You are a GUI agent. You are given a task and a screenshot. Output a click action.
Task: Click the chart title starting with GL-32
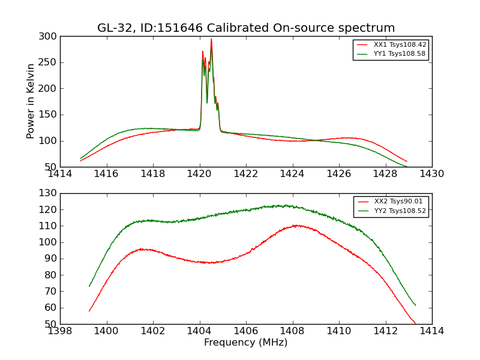[246, 28]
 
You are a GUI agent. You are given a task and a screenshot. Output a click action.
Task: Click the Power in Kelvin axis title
[31, 101]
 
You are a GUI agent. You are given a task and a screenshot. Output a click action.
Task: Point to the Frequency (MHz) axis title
[246, 343]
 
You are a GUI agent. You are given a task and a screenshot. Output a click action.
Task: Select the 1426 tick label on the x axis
[339, 174]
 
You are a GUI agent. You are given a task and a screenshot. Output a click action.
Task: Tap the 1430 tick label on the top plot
[432, 174]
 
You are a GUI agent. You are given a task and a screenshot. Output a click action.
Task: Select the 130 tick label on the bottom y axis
[50, 193]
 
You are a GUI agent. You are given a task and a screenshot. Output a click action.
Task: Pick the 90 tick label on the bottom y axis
[52, 259]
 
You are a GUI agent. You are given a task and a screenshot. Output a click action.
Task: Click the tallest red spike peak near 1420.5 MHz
[211, 39]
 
